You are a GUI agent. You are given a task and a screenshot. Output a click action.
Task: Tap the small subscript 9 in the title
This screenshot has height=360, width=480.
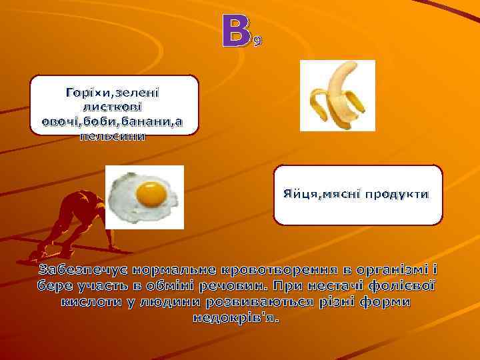pyautogui.click(x=258, y=42)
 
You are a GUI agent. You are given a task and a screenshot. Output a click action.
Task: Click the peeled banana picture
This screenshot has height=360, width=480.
pyautogui.click(x=337, y=95)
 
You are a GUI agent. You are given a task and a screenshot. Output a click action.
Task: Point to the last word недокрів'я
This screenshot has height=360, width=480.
pyautogui.click(x=237, y=317)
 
